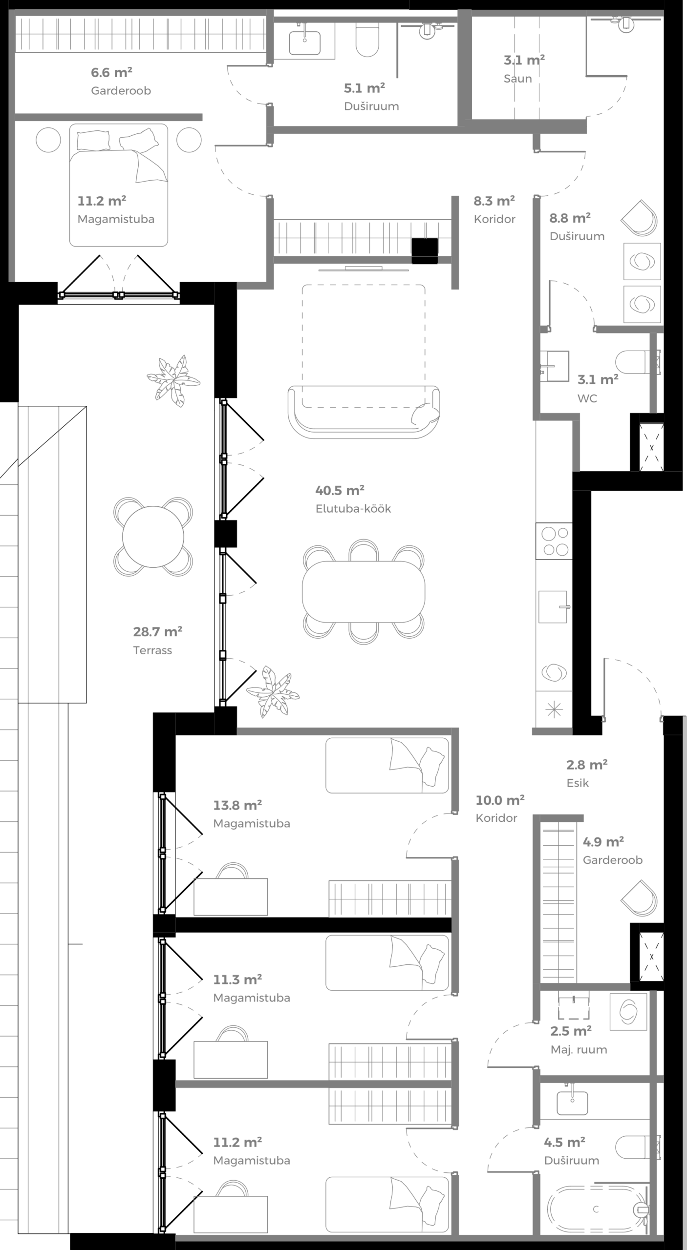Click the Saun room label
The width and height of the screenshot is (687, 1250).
click(x=517, y=79)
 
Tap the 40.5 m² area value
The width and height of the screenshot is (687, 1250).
click(x=340, y=490)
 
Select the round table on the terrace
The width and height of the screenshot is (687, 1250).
click(x=153, y=537)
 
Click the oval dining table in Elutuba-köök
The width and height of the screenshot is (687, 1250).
click(x=363, y=591)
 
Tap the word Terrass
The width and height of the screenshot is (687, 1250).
click(x=152, y=650)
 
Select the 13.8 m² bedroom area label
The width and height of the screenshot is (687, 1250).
click(x=237, y=805)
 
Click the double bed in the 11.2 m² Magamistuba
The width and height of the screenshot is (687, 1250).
click(x=118, y=190)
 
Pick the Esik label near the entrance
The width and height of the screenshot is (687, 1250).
click(x=578, y=783)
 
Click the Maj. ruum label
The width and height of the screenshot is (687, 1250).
click(x=579, y=1050)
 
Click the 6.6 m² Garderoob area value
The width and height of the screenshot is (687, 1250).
click(x=111, y=73)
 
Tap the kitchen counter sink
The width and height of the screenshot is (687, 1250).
click(x=553, y=606)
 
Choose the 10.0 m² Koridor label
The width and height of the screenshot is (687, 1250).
click(x=499, y=801)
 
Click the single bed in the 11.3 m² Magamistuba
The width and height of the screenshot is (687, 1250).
click(x=386, y=962)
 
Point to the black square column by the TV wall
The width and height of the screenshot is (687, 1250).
click(x=424, y=251)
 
